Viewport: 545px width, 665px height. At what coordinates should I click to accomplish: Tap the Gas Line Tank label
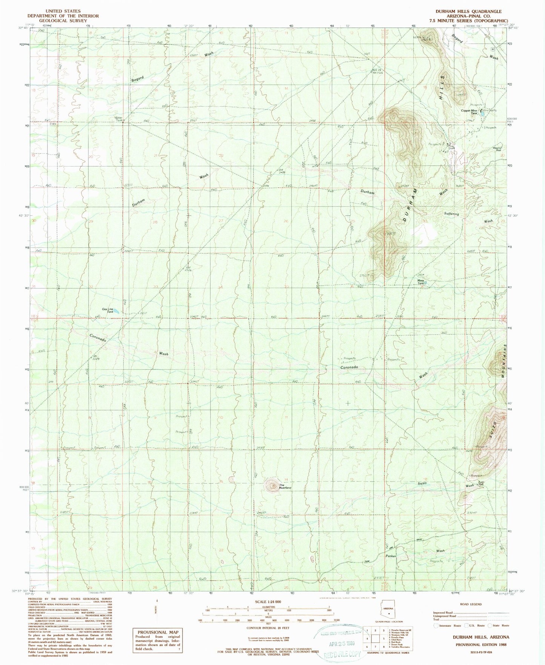pyautogui.click(x=107, y=310)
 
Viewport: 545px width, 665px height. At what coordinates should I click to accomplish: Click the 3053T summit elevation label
pyautogui.click(x=390, y=234)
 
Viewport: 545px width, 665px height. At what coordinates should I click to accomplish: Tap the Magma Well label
pyautogui.click(x=497, y=150)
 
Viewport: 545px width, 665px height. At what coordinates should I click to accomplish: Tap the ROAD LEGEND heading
pyautogui.click(x=471, y=604)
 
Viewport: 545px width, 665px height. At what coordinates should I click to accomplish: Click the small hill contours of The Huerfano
pyautogui.click(x=271, y=485)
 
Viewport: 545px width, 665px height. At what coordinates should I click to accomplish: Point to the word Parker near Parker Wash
pyautogui.click(x=390, y=556)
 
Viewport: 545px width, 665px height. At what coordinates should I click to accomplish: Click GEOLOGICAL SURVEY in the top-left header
pyautogui.click(x=63, y=21)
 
